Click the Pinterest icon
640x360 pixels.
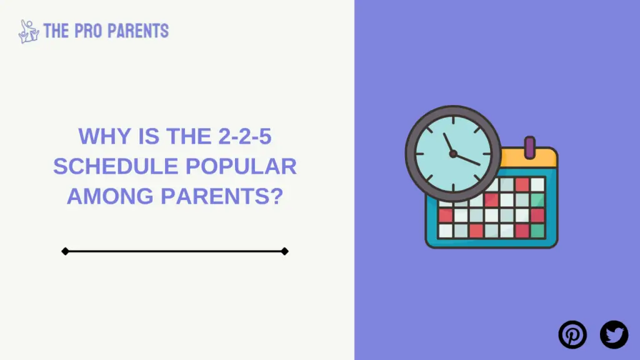click(x=572, y=335)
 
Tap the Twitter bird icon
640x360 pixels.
click(x=614, y=335)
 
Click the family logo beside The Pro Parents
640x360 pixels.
click(x=29, y=31)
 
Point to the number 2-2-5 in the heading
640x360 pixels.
click(x=245, y=136)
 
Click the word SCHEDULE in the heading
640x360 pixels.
click(x=116, y=166)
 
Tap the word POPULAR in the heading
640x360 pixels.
click(x=241, y=166)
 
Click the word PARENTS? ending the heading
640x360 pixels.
click(x=222, y=196)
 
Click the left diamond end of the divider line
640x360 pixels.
click(x=65, y=251)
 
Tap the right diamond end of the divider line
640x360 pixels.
click(x=285, y=251)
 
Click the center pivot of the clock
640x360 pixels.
click(x=453, y=154)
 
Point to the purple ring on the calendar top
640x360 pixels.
click(x=530, y=147)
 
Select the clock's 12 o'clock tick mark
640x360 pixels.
click(x=453, y=121)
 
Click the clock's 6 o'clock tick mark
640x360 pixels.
click(x=453, y=187)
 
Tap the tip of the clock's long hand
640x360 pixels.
click(x=479, y=164)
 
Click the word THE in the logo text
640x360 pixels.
click(x=56, y=31)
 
